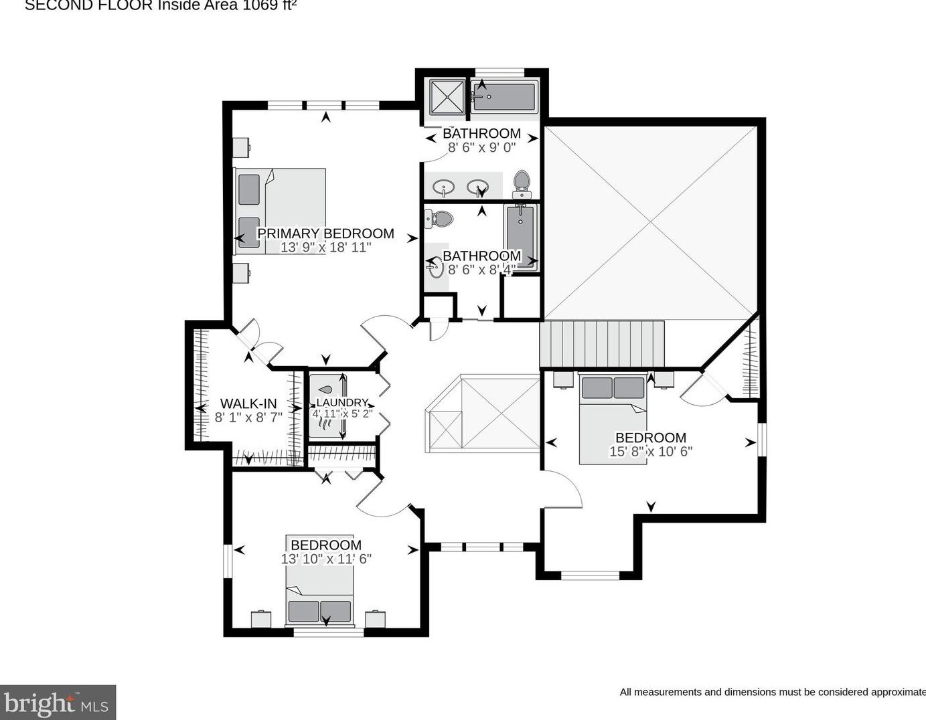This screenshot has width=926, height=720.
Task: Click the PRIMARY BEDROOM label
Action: (x=325, y=234)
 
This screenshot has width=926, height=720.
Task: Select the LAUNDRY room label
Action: (x=342, y=402)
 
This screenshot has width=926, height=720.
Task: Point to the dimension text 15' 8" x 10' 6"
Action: (x=650, y=452)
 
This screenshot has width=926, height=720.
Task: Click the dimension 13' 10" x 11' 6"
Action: (x=326, y=559)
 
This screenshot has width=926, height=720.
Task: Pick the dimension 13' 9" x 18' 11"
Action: (x=325, y=248)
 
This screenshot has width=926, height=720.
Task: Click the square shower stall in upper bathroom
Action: (x=446, y=98)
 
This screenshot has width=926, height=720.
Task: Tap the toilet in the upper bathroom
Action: (x=521, y=183)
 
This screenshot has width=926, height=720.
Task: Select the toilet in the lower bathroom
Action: (x=439, y=217)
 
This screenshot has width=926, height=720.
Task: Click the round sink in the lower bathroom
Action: (x=436, y=269)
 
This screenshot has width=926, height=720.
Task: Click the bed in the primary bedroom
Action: (x=280, y=211)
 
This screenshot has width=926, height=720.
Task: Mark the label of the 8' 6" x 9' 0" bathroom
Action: (x=481, y=133)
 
